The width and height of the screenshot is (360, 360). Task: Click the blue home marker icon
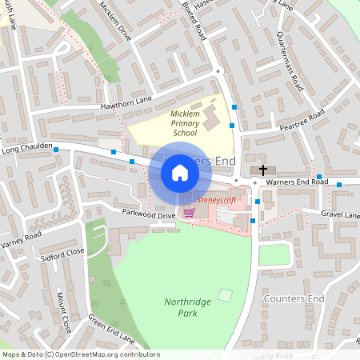coord(180,172)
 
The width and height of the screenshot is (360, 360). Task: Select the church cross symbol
coord(263,170)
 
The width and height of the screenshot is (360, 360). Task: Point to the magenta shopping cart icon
coord(189,213)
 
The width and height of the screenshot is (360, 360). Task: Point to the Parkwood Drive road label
coord(148,215)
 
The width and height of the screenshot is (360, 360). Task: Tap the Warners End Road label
coord(297,182)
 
